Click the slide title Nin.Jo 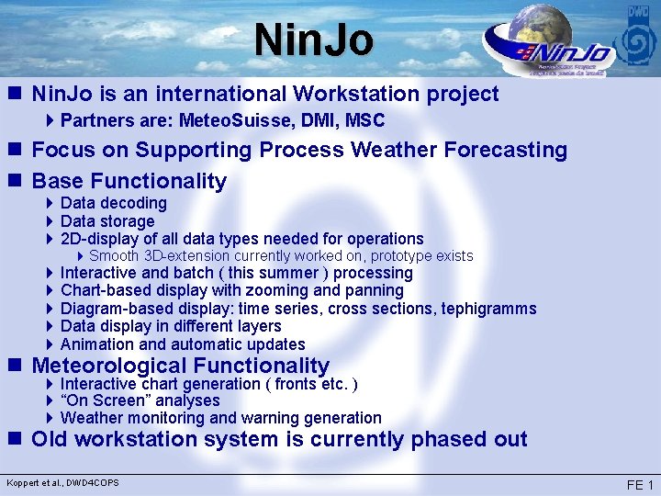tap(315, 39)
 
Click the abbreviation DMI tap(308, 120)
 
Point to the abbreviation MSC tap(364, 120)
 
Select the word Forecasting tap(497, 150)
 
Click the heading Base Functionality tap(129, 181)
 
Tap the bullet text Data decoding tap(113, 203)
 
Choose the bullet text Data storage tap(107, 221)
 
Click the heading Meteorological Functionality tap(180, 366)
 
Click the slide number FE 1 tap(639, 485)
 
